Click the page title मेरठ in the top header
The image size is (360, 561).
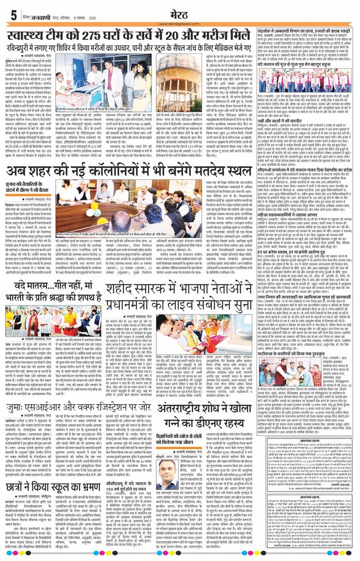coord(179,11)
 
